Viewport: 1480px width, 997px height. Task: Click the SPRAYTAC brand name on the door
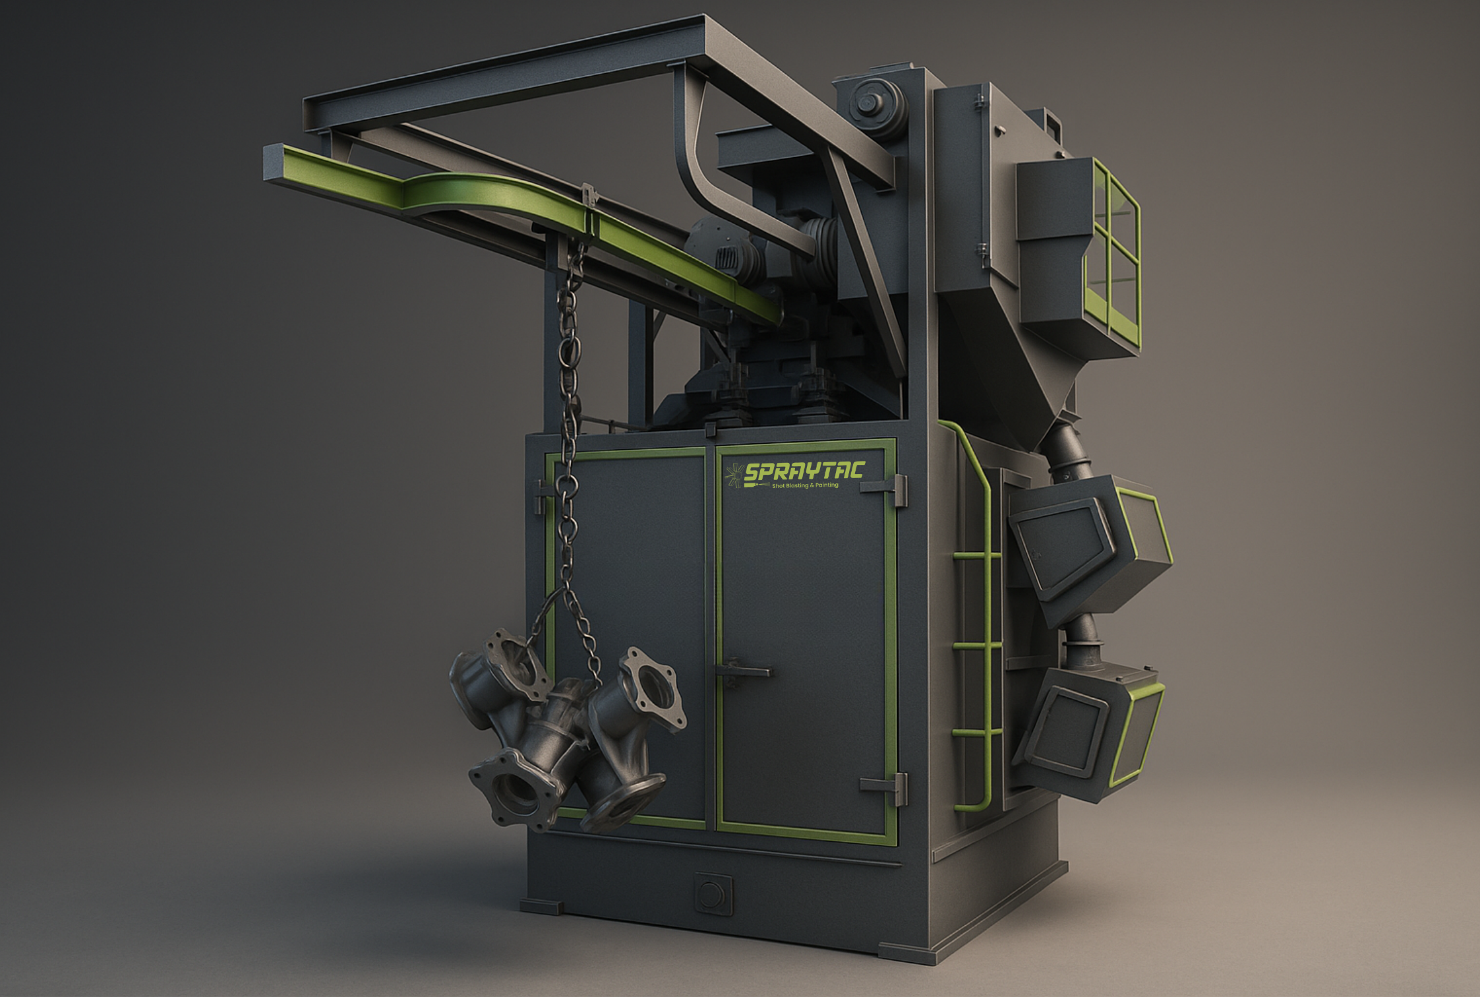click(804, 471)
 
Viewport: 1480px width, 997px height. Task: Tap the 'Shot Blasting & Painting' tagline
click(805, 485)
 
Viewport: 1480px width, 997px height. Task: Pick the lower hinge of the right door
click(885, 787)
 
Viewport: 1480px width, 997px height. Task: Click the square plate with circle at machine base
click(713, 895)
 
